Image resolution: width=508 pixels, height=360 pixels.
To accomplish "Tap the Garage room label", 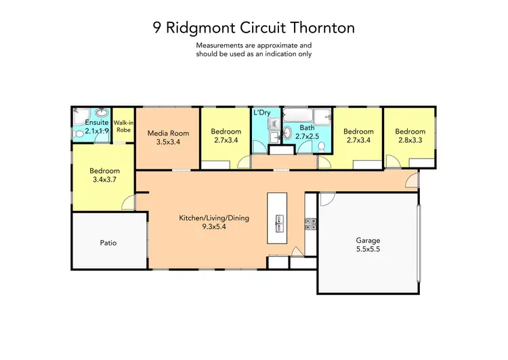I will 368,241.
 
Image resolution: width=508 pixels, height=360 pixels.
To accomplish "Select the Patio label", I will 108,242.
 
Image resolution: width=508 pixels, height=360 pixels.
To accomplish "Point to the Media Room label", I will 169,133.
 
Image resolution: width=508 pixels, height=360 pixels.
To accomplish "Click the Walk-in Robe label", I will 123,125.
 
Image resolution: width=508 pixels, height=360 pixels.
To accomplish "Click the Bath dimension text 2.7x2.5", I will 307,136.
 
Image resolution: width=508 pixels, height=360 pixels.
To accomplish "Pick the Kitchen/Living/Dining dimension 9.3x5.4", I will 214,228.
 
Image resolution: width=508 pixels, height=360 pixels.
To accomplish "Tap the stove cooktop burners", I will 311,222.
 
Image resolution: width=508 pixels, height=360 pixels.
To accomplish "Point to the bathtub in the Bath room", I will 305,116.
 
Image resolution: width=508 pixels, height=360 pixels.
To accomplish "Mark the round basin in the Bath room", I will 287,134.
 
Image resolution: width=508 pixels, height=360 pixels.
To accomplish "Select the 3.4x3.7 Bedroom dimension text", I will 105,180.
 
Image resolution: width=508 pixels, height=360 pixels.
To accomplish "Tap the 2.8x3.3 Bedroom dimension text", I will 410,140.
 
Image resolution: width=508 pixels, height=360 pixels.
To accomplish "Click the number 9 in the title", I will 157,28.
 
